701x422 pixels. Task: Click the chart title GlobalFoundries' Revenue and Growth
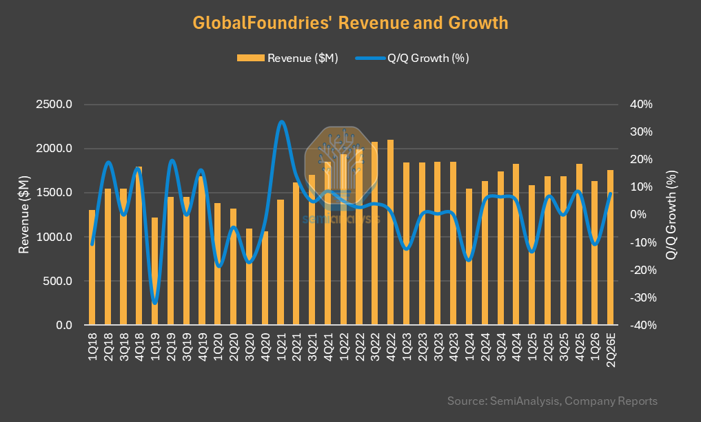350,22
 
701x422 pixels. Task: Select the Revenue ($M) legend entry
287,58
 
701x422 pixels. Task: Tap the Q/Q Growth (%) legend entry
412,58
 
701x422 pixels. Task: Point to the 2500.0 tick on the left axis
54,105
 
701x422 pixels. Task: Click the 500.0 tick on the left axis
58,282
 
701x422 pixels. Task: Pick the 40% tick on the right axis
641,105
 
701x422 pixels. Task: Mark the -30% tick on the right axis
643,297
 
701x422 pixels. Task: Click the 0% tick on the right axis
638,215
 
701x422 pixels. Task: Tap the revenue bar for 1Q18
92,267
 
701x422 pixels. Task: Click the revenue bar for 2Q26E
610,247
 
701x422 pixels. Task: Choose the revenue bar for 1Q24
469,257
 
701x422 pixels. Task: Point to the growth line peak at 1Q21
281,121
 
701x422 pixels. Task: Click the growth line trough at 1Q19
154,303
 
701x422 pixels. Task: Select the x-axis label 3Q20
249,346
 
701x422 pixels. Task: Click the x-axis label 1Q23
407,346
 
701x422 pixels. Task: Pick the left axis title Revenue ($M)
23,215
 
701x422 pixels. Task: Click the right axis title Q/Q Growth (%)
671,215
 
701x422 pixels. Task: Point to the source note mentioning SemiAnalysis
552,401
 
